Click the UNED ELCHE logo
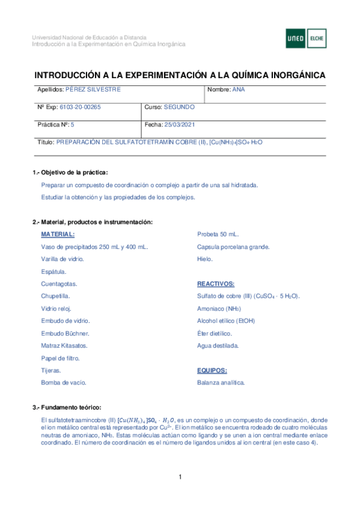306,39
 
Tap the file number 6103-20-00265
81,107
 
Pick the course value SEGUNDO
179,107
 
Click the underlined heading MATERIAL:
58,234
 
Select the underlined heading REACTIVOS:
216,283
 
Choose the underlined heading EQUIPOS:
212,370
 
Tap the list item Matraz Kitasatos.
64,345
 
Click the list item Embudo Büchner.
65,333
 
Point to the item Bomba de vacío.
64,382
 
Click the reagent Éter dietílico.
215,333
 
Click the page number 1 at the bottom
180,478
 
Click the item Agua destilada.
218,345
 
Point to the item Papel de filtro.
60,357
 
